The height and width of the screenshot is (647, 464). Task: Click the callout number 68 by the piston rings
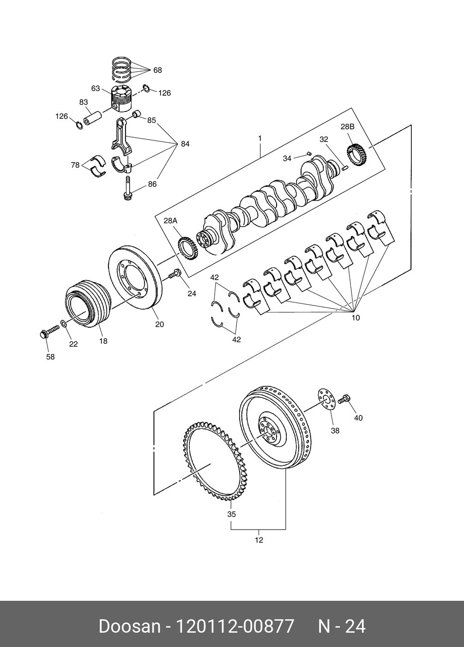coord(157,70)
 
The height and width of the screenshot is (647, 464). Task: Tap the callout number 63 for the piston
coord(96,88)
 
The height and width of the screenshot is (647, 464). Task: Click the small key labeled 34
coord(308,153)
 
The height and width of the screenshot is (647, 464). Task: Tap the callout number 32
coord(324,140)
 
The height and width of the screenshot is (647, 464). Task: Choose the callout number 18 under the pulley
coord(103,341)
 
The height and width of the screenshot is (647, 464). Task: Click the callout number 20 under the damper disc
coord(160,324)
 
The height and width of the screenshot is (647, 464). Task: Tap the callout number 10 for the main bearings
coord(356,318)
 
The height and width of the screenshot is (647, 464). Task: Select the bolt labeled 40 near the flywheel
coord(344,399)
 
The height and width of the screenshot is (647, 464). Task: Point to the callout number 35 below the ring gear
coord(231,514)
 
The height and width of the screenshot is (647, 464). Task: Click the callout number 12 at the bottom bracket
coord(259,540)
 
